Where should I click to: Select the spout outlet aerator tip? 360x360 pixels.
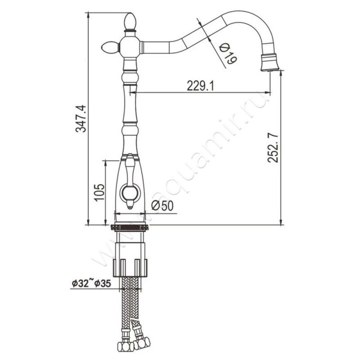coord(270,63)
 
